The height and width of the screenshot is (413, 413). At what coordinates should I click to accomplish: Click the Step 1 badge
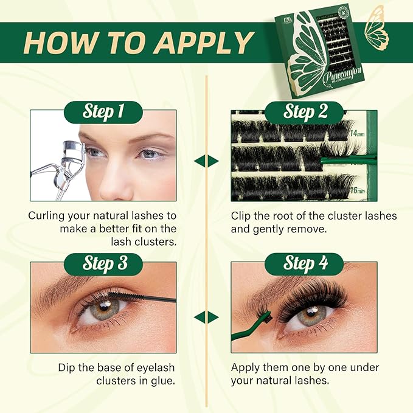103,112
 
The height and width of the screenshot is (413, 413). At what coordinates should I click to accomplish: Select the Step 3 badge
103,263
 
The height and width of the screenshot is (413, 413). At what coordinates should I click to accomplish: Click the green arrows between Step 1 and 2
206,161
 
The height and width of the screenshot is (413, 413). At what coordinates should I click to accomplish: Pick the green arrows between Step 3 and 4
206,317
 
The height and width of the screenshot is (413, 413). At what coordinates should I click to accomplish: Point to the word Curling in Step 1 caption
48,215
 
